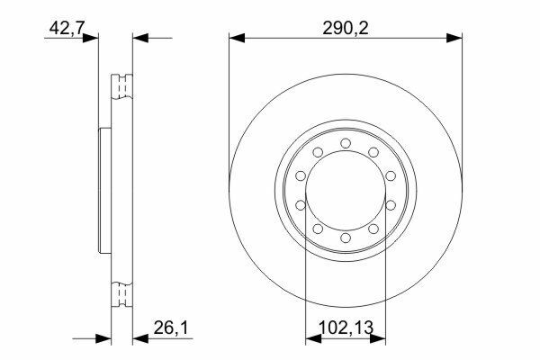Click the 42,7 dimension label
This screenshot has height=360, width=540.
point(67,28)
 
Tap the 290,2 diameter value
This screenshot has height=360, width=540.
point(346,28)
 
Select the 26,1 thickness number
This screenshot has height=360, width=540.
point(171,328)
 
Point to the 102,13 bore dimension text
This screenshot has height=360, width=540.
point(346,328)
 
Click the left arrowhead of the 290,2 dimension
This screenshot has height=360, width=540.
point(237,38)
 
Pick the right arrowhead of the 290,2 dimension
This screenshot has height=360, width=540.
point(454,38)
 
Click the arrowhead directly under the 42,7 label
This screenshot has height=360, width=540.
point(91,38)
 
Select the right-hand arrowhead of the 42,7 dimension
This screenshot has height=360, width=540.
point(140,38)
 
